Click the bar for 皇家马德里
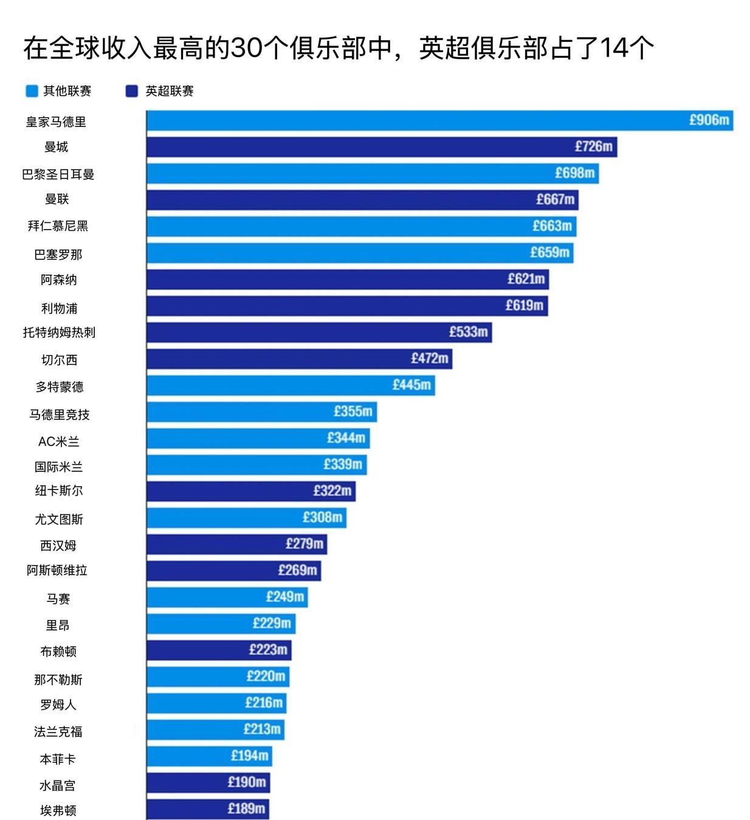439,120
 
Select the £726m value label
594,146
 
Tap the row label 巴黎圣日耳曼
58,174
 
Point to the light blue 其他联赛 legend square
32,91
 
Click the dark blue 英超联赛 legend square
132,91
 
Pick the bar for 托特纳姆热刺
318,332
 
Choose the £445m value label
411,385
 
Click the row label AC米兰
58,442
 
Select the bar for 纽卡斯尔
250,491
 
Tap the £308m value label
322,518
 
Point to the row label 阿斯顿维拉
57,570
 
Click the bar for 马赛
227,597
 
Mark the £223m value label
268,650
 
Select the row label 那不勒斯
58,680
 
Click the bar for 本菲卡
209,756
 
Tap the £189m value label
246,809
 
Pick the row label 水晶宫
58,785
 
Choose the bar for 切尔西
299,359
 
